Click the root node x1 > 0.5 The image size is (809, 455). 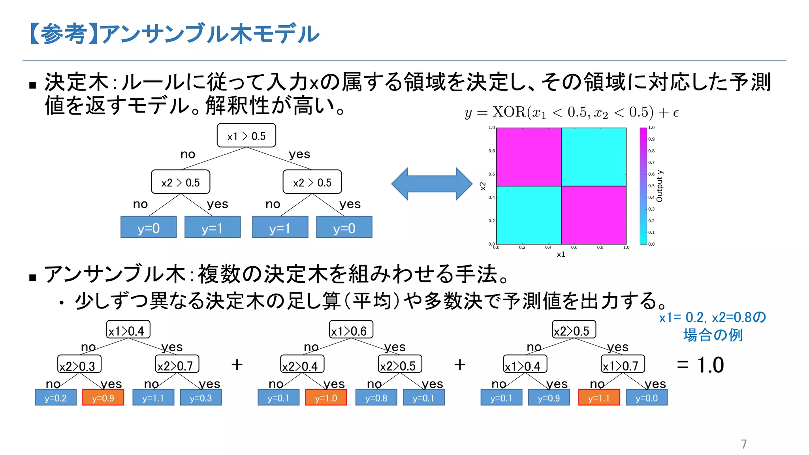(246, 135)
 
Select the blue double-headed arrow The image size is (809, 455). (432, 184)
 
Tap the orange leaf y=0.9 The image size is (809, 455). (103, 397)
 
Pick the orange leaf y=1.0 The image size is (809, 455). (326, 397)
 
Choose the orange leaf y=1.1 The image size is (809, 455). (599, 397)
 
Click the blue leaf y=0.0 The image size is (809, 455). (647, 397)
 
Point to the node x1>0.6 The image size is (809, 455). (351, 330)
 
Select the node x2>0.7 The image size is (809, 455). (177, 364)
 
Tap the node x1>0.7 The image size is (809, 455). (623, 364)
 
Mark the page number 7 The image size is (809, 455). (744, 444)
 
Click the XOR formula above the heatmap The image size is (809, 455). (571, 113)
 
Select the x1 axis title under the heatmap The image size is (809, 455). (561, 255)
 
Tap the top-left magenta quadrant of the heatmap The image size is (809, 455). (529, 157)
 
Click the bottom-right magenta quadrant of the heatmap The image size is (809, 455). (594, 215)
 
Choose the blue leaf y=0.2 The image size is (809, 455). (56, 397)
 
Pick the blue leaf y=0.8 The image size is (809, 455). (376, 397)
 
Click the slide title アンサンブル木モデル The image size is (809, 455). (174, 34)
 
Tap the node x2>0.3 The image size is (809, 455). (79, 364)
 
